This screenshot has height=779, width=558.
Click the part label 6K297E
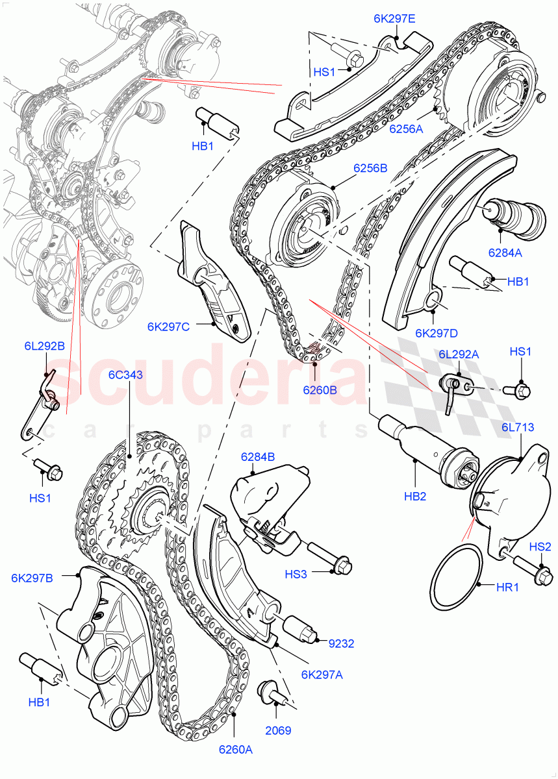394,19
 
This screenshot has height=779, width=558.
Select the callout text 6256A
406,129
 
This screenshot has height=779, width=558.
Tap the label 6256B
370,168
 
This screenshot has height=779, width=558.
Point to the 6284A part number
504,253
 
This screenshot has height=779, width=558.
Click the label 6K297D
437,333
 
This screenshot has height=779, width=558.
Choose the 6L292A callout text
459,354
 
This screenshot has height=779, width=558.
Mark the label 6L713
518,427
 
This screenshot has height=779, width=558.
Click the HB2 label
415,496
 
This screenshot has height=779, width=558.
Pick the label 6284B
258,456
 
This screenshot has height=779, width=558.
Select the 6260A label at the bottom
235,750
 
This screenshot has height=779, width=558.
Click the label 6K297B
32,578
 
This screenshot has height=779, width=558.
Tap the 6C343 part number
125,375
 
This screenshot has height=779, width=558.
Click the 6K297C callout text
168,327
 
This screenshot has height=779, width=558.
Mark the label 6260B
320,390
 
